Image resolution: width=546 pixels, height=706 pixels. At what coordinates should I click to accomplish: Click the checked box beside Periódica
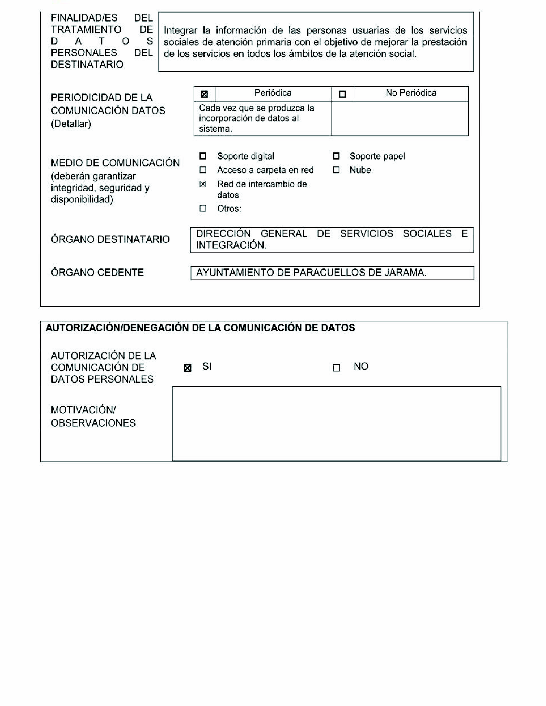coord(204,94)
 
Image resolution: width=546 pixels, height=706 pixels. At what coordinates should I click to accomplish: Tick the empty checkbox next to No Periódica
coord(342,94)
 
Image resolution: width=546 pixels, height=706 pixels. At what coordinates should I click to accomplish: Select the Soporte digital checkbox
coord(203,156)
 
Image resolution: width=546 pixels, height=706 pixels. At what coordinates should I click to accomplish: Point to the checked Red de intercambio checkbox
coord(203,184)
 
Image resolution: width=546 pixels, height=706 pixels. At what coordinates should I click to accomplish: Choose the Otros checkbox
coord(203,208)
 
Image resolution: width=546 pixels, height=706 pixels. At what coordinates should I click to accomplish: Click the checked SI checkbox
coord(187,368)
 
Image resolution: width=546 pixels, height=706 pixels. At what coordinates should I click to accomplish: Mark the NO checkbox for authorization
coord(336,368)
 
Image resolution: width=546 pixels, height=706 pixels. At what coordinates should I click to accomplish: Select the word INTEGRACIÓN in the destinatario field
coord(231,245)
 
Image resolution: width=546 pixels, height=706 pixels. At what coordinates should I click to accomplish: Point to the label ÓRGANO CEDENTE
coord(97,273)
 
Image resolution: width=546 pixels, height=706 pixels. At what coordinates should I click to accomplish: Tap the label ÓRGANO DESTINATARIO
coord(110,239)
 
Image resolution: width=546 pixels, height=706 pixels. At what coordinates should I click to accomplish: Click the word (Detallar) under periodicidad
coord(71,124)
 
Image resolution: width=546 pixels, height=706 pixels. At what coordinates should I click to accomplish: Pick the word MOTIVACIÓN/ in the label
coord(83,410)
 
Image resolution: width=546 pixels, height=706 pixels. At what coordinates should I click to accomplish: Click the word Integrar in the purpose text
coord(180,30)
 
